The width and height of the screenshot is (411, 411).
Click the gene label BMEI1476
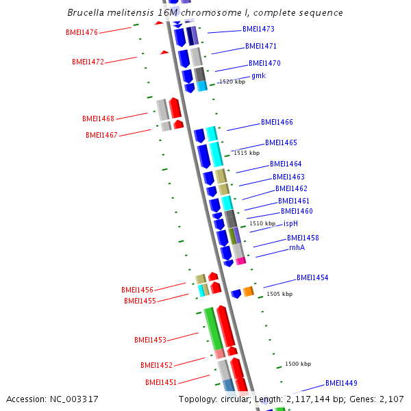pyautogui.click(x=82, y=32)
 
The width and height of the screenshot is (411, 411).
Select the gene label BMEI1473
pyautogui.click(x=258, y=29)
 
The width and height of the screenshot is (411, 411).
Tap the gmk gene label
pyautogui.click(x=258, y=75)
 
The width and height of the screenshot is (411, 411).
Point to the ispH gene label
pyautogui.click(x=290, y=223)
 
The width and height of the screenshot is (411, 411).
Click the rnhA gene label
pyautogui.click(x=297, y=247)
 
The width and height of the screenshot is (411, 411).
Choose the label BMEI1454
pyautogui.click(x=312, y=277)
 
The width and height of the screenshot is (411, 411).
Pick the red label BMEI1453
pyautogui.click(x=150, y=340)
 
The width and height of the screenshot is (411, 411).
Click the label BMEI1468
pyautogui.click(x=98, y=119)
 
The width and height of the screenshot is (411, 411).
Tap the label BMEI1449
pyautogui.click(x=341, y=383)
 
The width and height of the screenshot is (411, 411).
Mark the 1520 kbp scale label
pyautogui.click(x=232, y=82)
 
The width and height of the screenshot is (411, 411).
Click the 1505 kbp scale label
pyautogui.click(x=279, y=294)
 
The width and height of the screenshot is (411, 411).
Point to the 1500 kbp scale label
pyautogui.click(x=298, y=364)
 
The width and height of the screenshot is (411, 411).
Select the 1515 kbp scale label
pyautogui.click(x=247, y=153)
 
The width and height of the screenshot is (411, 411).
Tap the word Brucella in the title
pyautogui.click(x=86, y=13)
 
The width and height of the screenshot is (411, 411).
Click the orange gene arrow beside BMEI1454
pyautogui.click(x=248, y=292)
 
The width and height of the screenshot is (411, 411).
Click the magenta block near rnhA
pyautogui.click(x=240, y=261)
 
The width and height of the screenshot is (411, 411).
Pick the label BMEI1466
pyautogui.click(x=277, y=122)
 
